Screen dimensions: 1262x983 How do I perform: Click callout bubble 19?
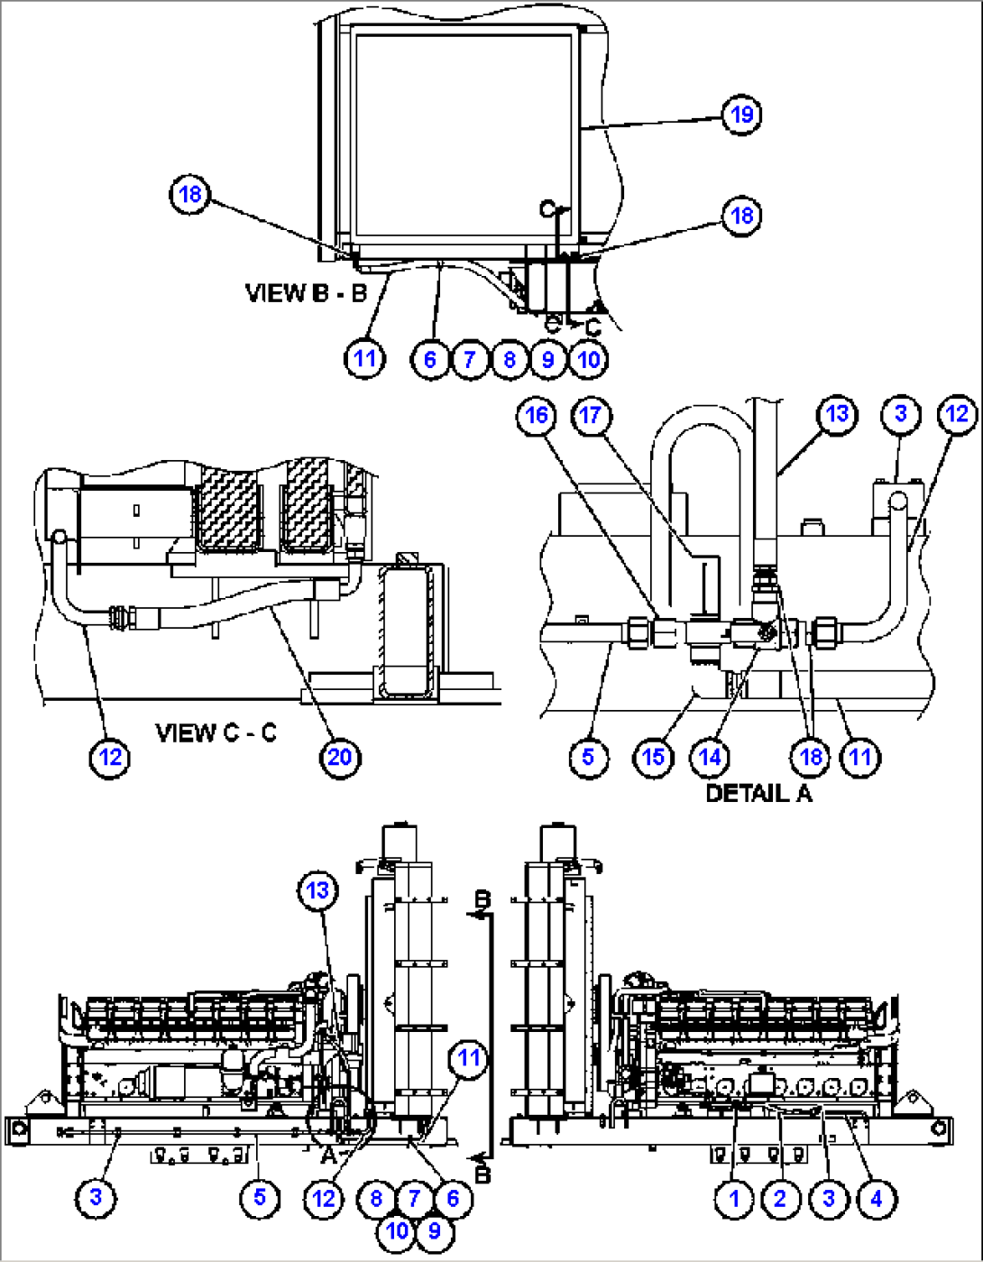click(x=741, y=115)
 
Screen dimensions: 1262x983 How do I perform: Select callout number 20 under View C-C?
click(x=339, y=756)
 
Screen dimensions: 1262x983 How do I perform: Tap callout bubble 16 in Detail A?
click(x=537, y=415)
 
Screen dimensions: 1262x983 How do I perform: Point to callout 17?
click(x=591, y=415)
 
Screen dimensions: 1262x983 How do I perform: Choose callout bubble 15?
click(x=653, y=756)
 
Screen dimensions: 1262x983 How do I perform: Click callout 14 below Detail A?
click(x=711, y=756)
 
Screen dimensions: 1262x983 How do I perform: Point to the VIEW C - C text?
click(x=216, y=732)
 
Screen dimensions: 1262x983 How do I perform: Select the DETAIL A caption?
click(x=758, y=793)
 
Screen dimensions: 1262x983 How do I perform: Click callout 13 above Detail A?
click(x=837, y=414)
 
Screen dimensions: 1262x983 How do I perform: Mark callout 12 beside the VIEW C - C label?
click(x=110, y=756)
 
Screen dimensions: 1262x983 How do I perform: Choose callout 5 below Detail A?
click(x=588, y=756)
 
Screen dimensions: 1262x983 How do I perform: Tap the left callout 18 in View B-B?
click(x=189, y=195)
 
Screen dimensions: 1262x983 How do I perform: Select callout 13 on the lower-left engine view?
click(x=317, y=891)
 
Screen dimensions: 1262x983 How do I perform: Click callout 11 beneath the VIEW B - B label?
click(x=363, y=358)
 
